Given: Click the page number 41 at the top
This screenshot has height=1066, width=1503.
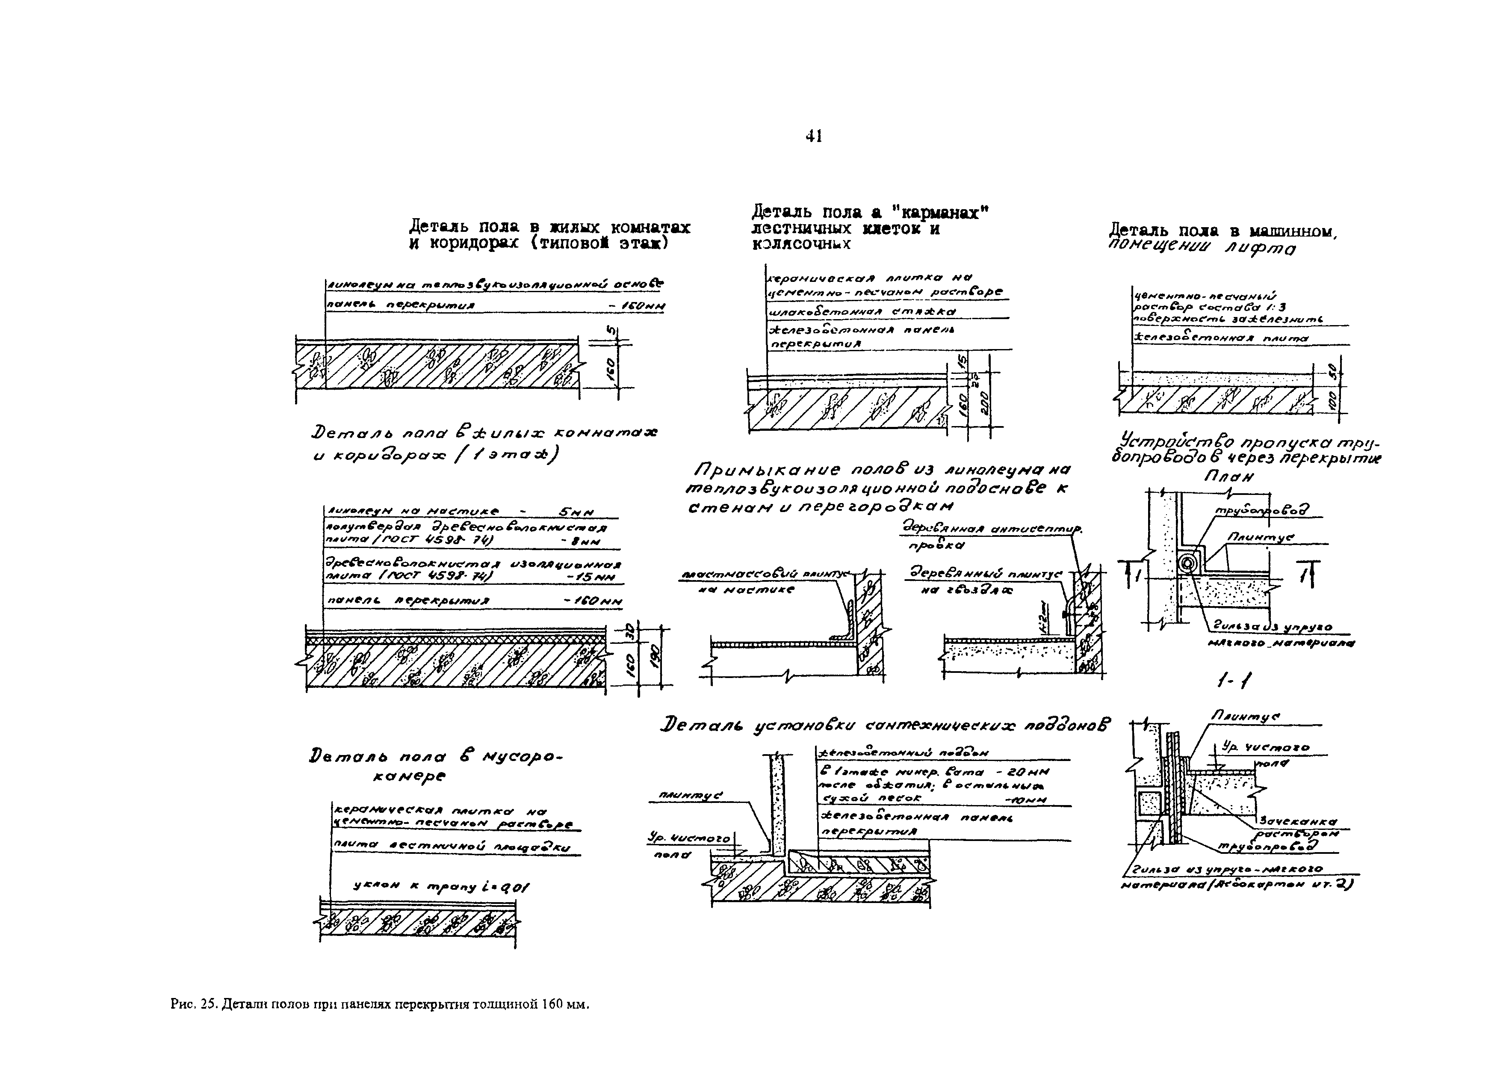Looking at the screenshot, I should (x=813, y=136).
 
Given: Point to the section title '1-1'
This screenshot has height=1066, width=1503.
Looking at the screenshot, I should (x=1233, y=683).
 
